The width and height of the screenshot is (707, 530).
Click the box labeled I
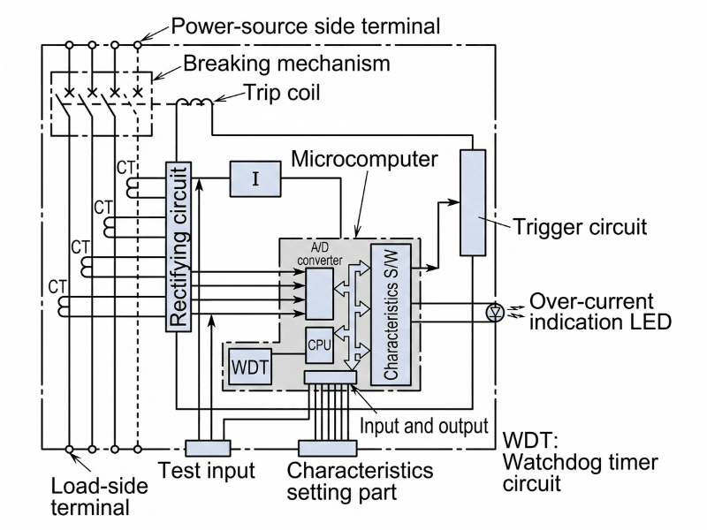(255, 178)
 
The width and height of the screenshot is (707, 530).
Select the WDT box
(250, 365)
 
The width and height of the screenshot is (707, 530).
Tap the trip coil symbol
(192, 103)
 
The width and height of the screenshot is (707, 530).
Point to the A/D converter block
(319, 291)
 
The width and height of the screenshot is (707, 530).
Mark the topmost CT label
(126, 165)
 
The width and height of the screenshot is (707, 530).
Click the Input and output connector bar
(330, 377)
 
